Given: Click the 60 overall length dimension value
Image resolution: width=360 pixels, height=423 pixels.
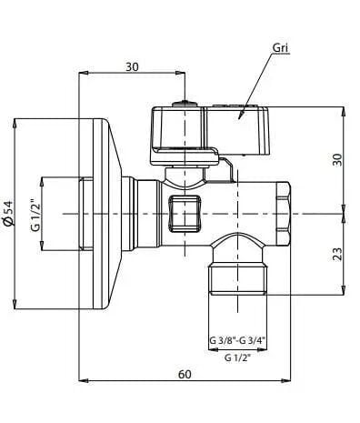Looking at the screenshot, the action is [185, 374].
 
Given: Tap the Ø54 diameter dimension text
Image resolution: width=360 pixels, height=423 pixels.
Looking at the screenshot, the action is [9, 214].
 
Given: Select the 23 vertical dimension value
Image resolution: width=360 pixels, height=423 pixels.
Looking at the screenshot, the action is [337, 254].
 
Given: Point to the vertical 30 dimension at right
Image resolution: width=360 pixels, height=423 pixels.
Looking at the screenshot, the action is [337, 159].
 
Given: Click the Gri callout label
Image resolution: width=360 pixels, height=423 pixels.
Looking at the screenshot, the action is [280, 47].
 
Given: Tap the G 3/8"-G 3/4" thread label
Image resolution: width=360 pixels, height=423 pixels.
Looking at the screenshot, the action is [238, 340].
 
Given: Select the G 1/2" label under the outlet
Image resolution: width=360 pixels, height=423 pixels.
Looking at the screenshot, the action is [238, 358].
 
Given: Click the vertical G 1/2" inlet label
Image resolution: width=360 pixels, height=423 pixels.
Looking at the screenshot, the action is [35, 214].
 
